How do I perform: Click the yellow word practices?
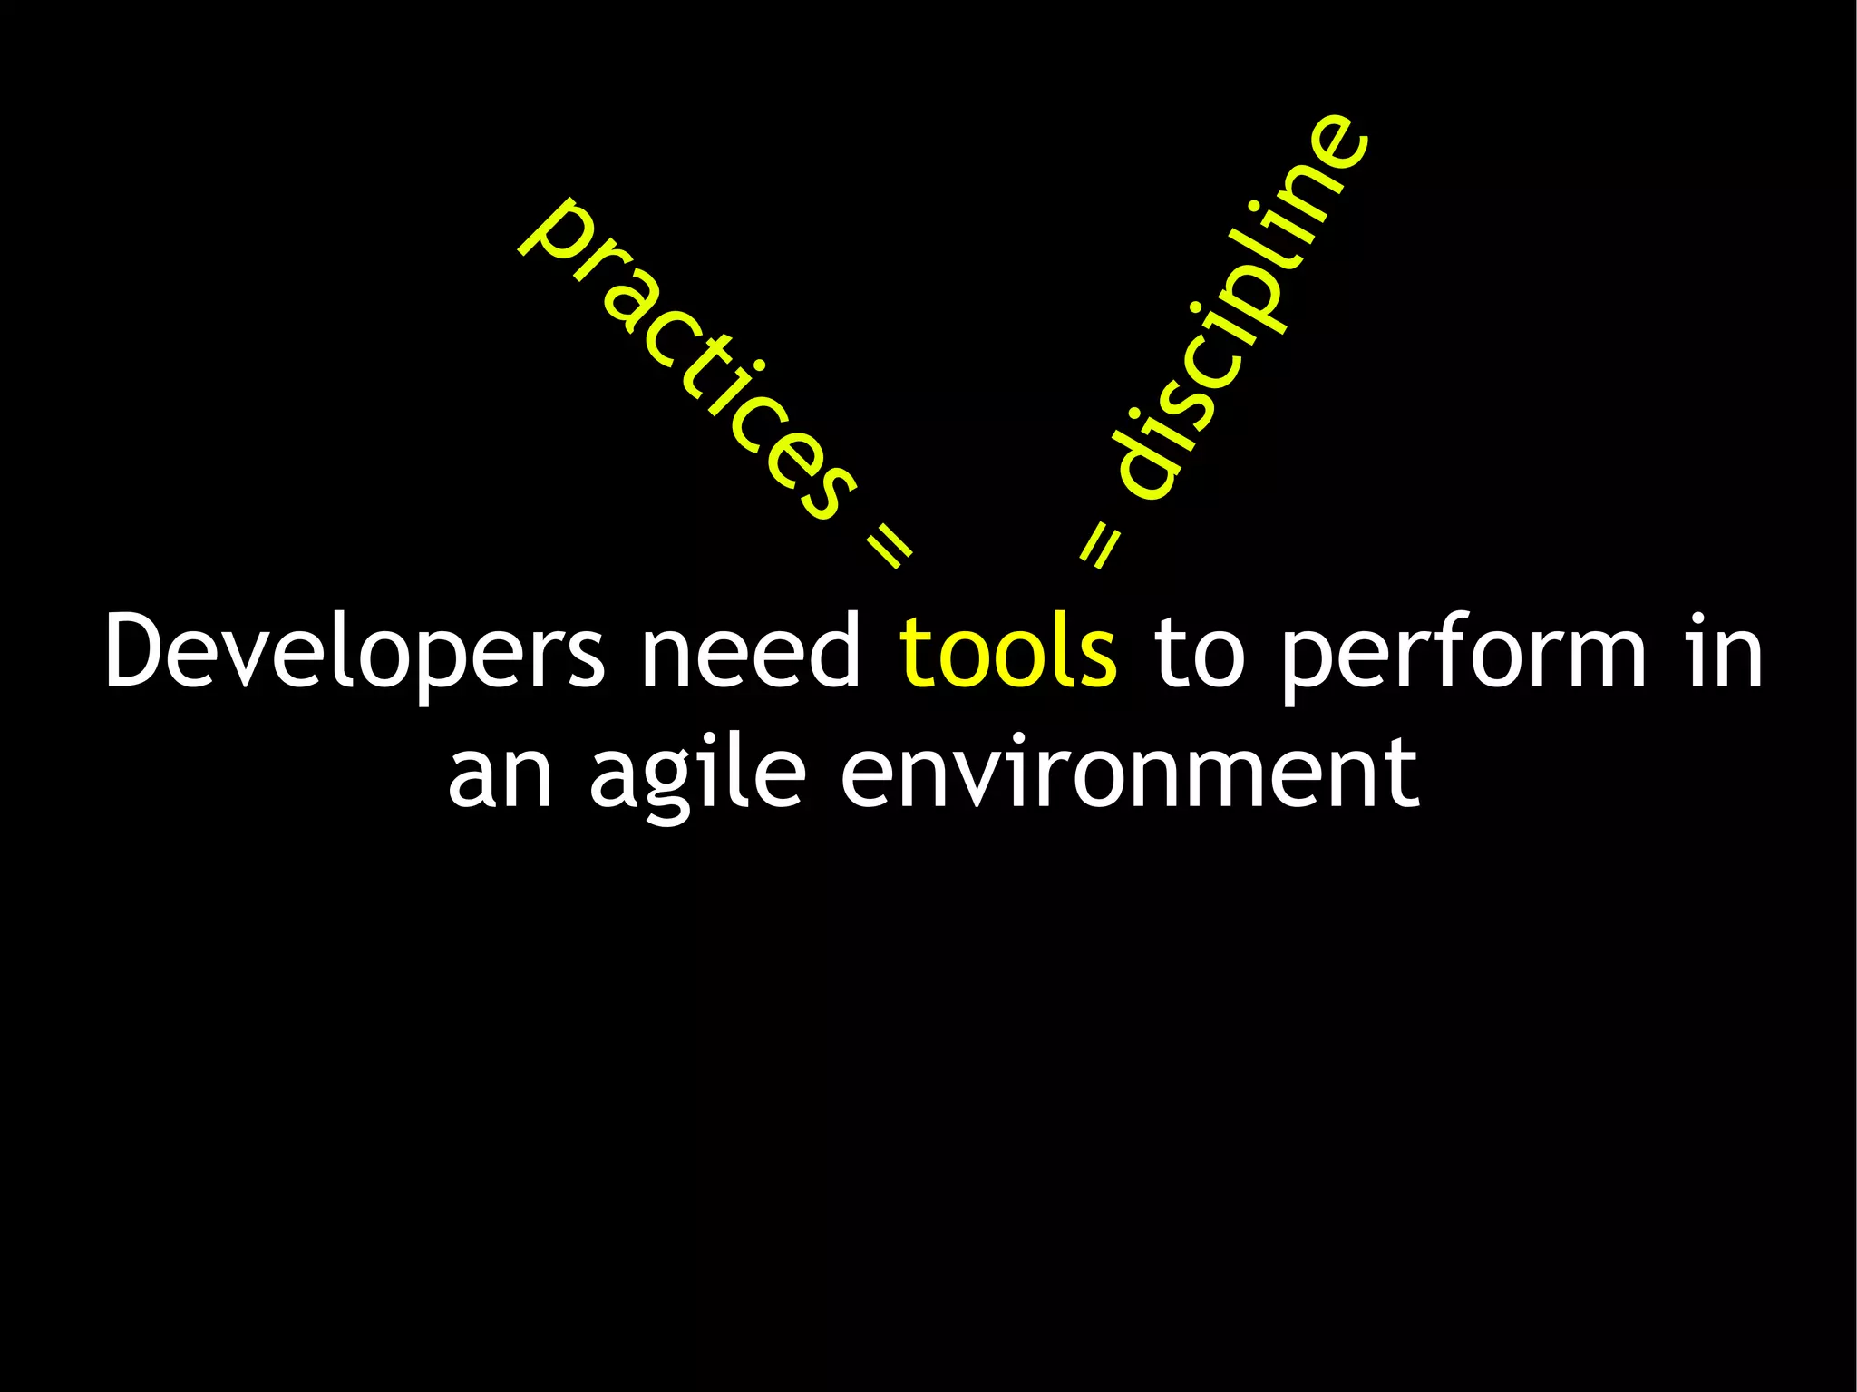[x=689, y=363]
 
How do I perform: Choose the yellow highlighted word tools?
[x=1008, y=651]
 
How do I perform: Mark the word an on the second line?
[x=500, y=776]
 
